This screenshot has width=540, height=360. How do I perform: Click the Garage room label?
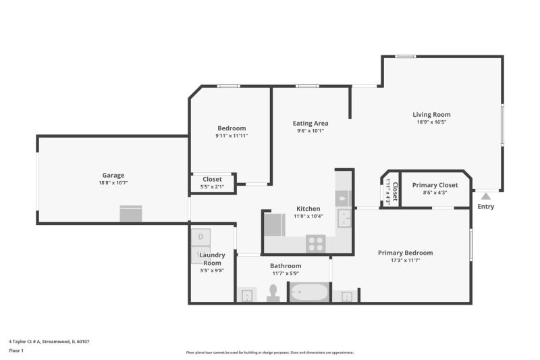[x=113, y=176]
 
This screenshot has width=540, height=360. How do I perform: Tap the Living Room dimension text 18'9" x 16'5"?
[x=431, y=122]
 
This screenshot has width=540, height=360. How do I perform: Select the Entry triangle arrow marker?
[x=485, y=197]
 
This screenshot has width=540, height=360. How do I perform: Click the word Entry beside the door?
[x=485, y=207]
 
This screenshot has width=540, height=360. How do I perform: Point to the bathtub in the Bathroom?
[x=309, y=292]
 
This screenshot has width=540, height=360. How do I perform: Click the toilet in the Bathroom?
[x=273, y=293]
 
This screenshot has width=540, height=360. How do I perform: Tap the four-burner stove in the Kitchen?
[x=316, y=244]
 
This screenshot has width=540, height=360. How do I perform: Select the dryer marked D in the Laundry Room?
[x=200, y=237]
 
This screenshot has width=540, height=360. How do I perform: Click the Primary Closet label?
[x=435, y=185]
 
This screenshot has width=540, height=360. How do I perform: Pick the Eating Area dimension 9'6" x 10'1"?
[x=310, y=131]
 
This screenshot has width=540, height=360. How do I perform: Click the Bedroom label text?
[x=232, y=128]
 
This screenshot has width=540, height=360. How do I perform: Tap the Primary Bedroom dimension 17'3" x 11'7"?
[x=406, y=261]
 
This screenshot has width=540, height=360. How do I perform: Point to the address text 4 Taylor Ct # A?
[x=25, y=342]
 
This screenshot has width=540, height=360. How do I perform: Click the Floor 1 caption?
[x=16, y=351]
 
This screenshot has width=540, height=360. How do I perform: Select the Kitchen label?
[x=308, y=209]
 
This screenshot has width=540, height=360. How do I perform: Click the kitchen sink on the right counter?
[x=344, y=218]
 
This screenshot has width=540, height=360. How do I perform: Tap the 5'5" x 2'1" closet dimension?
[x=212, y=186]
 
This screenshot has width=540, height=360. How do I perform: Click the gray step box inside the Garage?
[x=131, y=214]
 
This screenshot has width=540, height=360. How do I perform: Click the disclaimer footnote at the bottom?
[x=270, y=353]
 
